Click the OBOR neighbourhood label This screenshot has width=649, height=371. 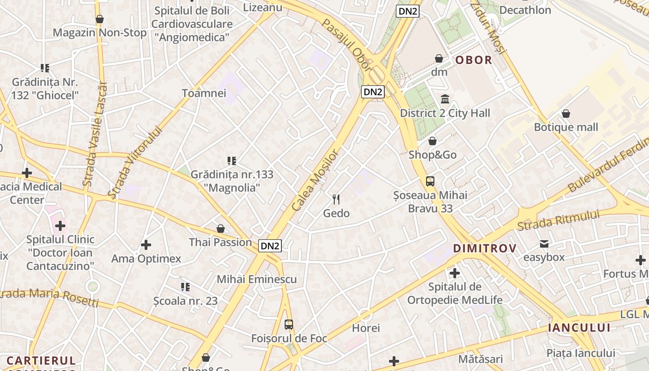(473, 60)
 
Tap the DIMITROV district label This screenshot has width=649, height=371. (484, 248)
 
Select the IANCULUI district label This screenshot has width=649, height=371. (579, 327)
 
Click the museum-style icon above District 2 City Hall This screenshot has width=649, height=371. (445, 99)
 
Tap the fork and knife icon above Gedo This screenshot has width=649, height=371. (337, 199)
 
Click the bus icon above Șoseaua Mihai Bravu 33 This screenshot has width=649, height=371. (430, 181)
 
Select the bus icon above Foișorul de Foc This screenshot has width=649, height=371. (289, 325)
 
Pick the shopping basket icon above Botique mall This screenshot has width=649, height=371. (566, 114)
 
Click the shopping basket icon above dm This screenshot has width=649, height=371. (439, 58)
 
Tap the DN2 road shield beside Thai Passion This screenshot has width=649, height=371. (270, 246)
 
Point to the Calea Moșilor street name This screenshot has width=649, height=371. (317, 181)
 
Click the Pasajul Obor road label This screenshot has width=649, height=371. (347, 45)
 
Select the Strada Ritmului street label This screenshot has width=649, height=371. (558, 220)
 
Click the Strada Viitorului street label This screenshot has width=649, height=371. (135, 163)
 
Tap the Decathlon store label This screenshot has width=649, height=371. (525, 10)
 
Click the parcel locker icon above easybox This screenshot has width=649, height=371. (544, 243)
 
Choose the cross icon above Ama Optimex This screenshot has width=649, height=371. (146, 244)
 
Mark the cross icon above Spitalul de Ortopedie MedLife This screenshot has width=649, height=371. (454, 273)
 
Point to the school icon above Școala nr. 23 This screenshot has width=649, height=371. (185, 287)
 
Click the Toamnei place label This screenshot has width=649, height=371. (204, 93)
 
